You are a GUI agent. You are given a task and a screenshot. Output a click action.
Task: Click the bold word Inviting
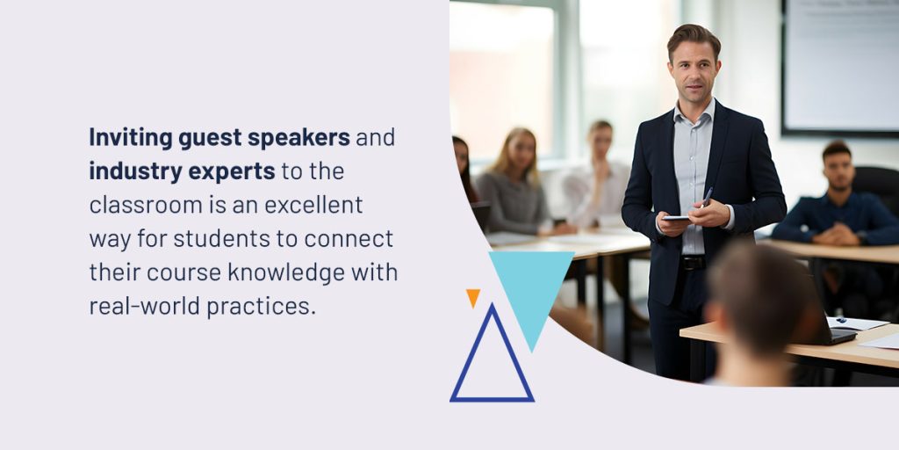[131, 138]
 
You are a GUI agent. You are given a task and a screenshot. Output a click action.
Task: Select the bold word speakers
[298, 138]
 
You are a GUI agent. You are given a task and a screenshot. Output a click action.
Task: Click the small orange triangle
[473, 297]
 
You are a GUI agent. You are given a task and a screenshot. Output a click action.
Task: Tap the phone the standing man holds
[677, 218]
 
